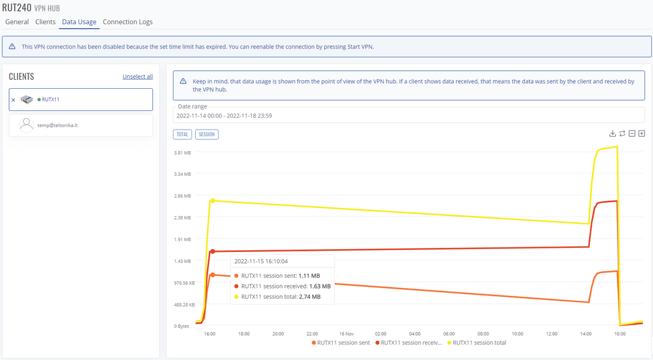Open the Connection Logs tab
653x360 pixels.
(127, 22)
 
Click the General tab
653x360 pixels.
(17, 22)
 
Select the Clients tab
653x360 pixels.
(45, 22)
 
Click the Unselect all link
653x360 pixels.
(137, 77)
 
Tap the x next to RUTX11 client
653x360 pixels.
(13, 100)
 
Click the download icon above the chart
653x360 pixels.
(612, 133)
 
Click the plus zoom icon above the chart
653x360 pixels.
(642, 133)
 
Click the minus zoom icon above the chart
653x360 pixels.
(632, 133)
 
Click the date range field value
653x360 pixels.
(223, 115)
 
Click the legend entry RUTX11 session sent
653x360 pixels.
(340, 343)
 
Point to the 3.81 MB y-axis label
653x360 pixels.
(182, 153)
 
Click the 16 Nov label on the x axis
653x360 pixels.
(346, 334)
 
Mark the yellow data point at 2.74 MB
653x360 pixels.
(212, 201)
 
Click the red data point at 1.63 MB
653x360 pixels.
(212, 251)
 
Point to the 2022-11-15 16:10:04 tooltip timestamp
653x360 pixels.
(261, 262)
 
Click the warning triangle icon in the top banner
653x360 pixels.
(12, 46)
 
